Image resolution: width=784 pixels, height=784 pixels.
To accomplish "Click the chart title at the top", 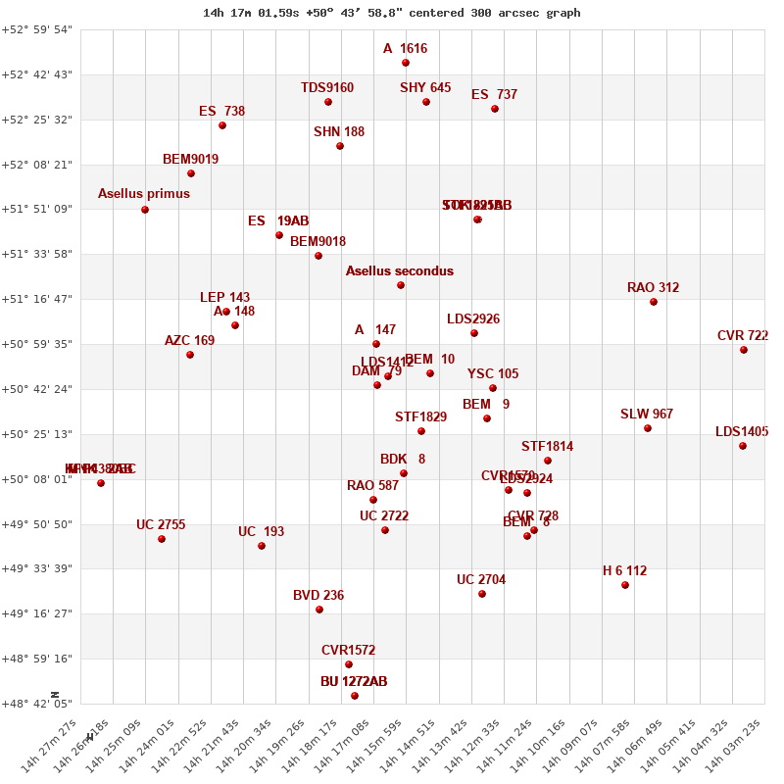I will point(391,13).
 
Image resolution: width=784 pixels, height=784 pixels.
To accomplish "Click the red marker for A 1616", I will point(406,63).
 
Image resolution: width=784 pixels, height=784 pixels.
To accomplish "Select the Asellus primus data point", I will point(145,210).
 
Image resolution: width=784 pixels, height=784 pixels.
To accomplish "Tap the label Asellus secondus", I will point(400,270).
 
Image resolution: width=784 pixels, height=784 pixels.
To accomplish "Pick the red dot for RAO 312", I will point(654,302).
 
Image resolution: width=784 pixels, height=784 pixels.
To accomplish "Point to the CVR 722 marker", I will point(744,350).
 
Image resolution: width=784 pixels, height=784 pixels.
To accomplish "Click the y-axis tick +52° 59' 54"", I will point(36,29).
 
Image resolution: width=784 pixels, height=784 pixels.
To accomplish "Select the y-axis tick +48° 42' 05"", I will point(36,703).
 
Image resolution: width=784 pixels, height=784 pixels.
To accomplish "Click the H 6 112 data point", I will point(625,585).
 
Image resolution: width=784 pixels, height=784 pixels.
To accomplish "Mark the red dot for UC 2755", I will point(162,539).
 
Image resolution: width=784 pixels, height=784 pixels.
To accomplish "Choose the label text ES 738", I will point(221,112).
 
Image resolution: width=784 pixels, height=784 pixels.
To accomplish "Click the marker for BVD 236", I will point(319,610).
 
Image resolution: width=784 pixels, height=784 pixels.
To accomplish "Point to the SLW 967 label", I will point(647,415).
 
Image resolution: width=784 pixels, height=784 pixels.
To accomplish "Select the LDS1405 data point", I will point(743,446).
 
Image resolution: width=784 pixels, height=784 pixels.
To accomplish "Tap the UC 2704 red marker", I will point(482,594).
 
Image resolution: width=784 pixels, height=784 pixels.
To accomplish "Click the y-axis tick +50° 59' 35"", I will point(36,344).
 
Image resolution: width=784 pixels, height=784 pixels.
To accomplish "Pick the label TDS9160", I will point(327,88).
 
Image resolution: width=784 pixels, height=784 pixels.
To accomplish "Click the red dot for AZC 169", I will point(190,355).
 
